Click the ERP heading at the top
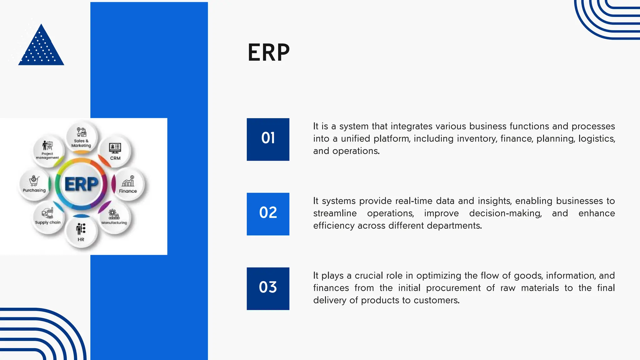[x=268, y=52]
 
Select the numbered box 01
[x=268, y=139]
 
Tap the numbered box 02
[x=268, y=214]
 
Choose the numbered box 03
[x=268, y=288]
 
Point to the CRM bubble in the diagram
[x=115, y=151]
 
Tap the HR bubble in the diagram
[x=81, y=232]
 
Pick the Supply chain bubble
[x=48, y=217]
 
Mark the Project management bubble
[x=47, y=151]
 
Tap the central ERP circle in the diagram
[x=81, y=184]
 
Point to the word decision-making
[x=505, y=213]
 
